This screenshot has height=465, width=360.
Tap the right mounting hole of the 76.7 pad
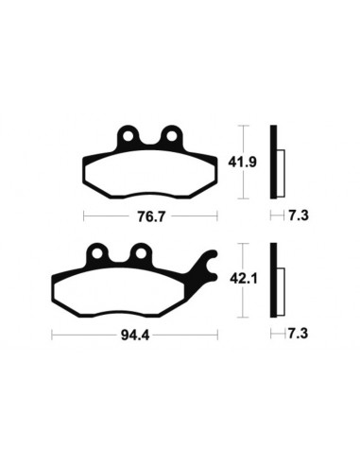coord(171,137)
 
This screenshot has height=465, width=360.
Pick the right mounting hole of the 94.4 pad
coord(138,253)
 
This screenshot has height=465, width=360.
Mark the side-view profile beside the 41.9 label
coord(275,162)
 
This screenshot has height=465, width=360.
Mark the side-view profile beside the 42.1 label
coord(276,281)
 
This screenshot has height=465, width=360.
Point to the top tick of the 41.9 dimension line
coord(244,125)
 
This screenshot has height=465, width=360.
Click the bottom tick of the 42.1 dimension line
coord(244,319)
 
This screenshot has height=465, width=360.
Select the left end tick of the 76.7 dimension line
coord(84,216)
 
